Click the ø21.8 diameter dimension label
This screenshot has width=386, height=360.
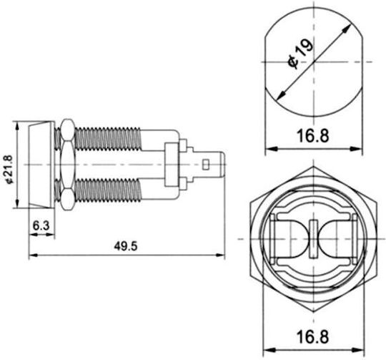[9, 169]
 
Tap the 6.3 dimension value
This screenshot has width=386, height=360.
[41, 225]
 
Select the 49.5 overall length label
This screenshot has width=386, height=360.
[126, 246]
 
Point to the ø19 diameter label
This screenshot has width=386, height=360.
[301, 53]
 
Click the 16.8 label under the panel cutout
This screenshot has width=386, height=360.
[313, 135]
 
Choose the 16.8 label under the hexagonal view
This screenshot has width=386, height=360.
[313, 337]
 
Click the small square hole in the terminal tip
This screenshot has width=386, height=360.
[206, 165]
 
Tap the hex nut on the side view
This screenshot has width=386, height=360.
[67, 165]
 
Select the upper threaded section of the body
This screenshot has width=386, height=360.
[107, 139]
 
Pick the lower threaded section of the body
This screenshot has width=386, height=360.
[107, 190]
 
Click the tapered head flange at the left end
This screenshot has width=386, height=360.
[41, 165]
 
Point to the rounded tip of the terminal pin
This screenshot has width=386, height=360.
[223, 165]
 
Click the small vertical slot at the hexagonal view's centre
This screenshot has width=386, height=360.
[313, 239]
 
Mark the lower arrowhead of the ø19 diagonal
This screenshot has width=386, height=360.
[280, 95]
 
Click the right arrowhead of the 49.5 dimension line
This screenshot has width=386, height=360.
[221, 256]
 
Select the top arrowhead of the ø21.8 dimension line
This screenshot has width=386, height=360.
[17, 126]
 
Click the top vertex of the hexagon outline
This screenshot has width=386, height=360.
[313, 167]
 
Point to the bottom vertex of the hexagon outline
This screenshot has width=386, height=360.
[313, 312]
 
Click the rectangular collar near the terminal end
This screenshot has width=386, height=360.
[172, 165]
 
